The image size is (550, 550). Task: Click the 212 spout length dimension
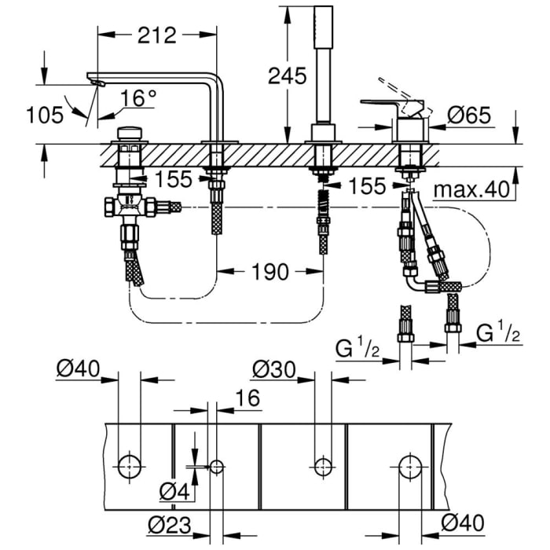[x=156, y=36]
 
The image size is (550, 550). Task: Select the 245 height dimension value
[x=288, y=76]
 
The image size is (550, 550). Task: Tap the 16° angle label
[x=139, y=98]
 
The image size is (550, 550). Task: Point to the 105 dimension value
[x=44, y=115]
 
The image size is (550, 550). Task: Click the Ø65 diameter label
[x=470, y=115]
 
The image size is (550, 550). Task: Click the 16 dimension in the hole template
[x=247, y=398]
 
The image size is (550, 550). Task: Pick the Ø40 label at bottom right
[x=463, y=522]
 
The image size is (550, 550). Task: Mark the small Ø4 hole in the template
[x=217, y=466]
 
